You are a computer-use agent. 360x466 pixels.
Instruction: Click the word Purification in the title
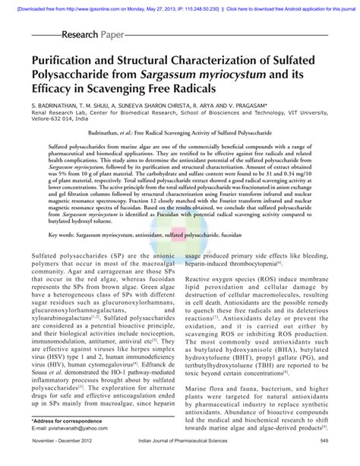point(69,62)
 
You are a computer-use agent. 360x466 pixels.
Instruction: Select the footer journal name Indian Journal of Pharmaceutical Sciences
point(178,460)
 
